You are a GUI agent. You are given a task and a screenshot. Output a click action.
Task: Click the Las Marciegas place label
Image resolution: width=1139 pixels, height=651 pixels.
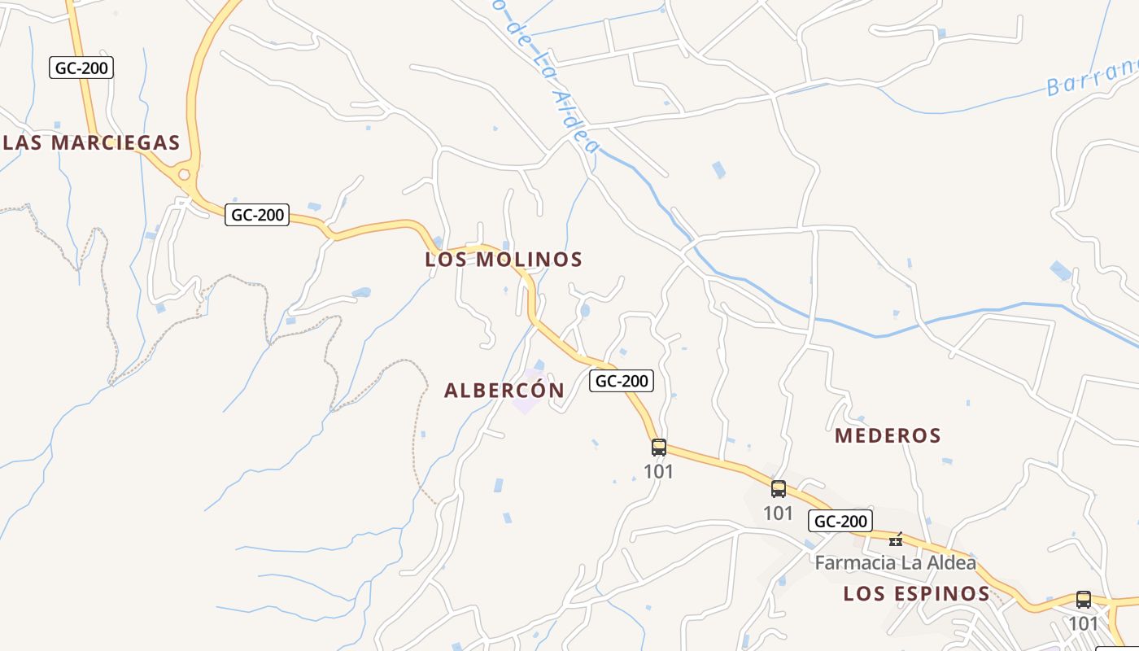[x=91, y=142]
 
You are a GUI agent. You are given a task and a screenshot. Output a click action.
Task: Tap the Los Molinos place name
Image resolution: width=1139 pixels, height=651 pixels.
[x=504, y=260]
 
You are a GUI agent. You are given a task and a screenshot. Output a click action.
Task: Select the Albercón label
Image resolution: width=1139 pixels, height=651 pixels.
[x=504, y=391]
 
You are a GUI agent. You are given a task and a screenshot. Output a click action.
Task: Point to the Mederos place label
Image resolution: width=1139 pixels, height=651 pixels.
[x=888, y=435]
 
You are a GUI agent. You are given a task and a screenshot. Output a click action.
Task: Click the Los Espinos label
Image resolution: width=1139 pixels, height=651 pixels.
[x=916, y=593]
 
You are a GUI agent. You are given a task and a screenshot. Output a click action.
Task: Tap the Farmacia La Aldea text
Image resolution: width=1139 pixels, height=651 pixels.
[x=895, y=562]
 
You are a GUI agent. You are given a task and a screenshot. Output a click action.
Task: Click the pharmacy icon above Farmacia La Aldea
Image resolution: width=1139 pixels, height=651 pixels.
[x=896, y=540]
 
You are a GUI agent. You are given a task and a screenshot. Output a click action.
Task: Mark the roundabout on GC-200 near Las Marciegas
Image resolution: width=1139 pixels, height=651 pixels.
[x=185, y=174]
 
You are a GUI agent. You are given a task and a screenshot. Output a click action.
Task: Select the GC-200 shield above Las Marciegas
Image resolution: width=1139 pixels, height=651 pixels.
[x=81, y=68]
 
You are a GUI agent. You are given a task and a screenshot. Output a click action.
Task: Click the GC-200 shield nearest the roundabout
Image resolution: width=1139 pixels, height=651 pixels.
[x=257, y=215]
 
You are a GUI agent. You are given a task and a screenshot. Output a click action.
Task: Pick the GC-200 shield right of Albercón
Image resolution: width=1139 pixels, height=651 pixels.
[x=622, y=380]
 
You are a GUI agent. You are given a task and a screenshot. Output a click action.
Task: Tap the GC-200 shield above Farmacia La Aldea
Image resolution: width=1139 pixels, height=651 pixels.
[x=840, y=521]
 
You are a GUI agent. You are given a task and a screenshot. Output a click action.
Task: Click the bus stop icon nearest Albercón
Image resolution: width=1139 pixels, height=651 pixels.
[x=659, y=447]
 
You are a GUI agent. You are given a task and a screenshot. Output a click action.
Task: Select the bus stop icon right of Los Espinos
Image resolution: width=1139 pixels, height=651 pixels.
[x=1083, y=600]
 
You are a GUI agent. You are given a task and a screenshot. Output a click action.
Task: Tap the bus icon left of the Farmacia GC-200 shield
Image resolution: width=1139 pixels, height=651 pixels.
[x=779, y=489]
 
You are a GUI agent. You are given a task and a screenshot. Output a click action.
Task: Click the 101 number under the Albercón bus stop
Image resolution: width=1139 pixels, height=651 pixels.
[x=659, y=471]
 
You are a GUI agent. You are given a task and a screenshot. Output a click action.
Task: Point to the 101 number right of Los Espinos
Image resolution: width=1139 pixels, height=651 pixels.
[x=1083, y=623]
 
